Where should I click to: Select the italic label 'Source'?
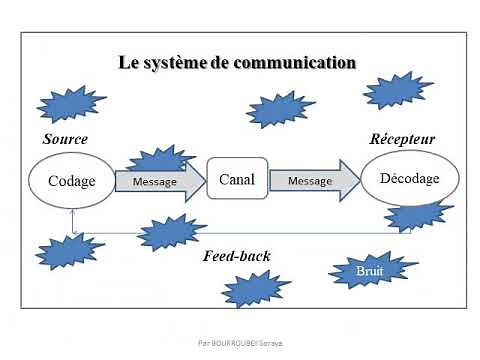tap(66, 139)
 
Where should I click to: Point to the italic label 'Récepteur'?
tap(403, 139)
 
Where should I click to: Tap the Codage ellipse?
tap(72, 181)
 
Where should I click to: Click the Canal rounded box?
tap(237, 180)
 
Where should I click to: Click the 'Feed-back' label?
tap(237, 256)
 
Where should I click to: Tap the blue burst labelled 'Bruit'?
tap(369, 270)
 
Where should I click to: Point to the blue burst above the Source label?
tap(72, 103)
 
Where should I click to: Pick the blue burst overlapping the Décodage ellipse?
tap(418, 214)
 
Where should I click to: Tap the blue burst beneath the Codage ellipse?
tap(68, 250)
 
